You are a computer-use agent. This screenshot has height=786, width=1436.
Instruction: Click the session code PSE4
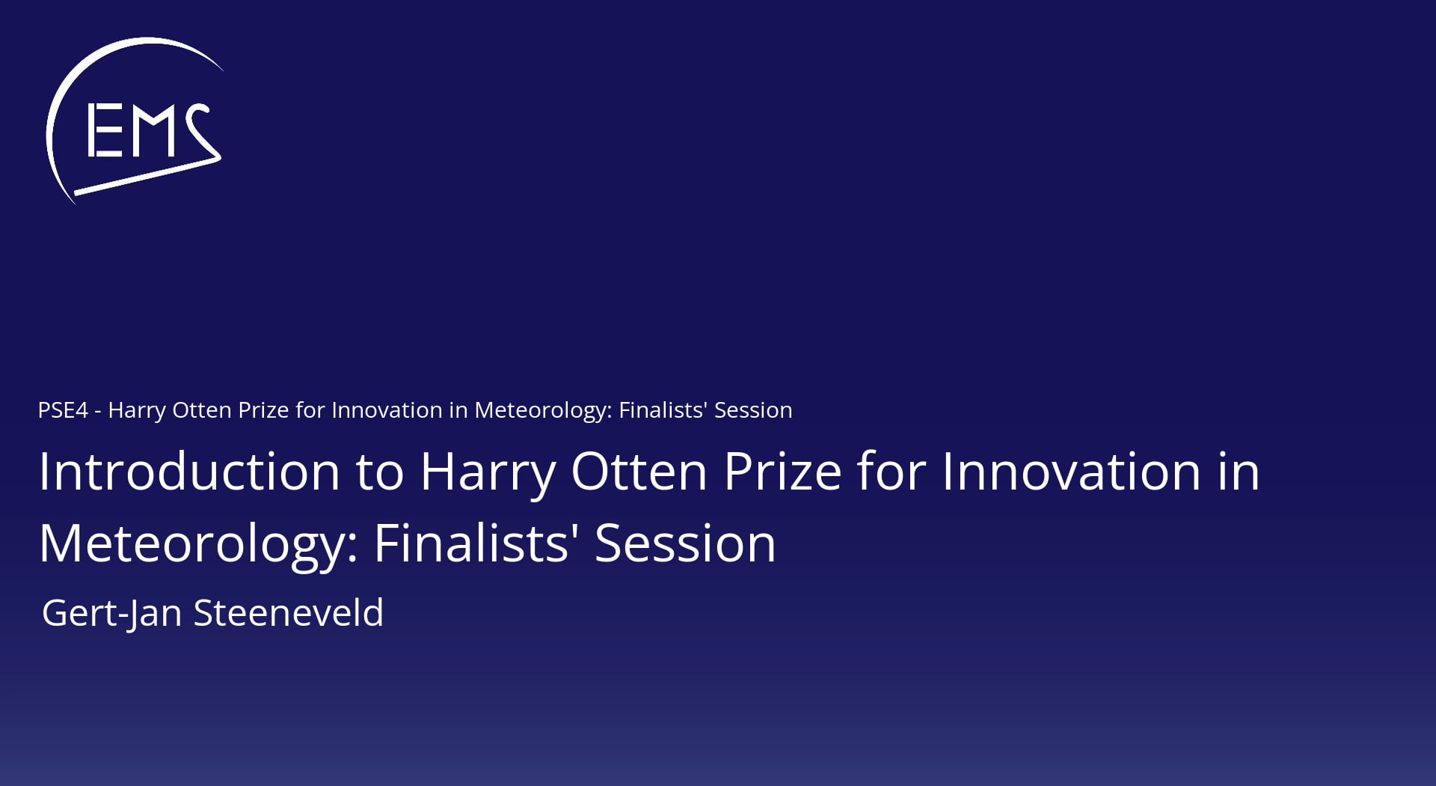coord(63,410)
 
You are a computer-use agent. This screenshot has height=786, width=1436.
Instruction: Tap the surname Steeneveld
coord(289,612)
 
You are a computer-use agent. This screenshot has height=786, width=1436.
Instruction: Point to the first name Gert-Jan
coord(112,614)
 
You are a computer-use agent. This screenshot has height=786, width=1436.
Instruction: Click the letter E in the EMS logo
coord(105,131)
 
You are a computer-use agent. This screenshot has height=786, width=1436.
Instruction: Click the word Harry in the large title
coord(488,473)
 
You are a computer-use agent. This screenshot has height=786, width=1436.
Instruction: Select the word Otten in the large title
coord(639,472)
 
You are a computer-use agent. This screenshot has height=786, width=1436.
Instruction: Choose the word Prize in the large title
coord(783,472)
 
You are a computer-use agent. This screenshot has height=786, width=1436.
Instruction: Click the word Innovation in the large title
coord(1071,472)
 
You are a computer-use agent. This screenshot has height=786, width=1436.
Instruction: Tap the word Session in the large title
coord(685,543)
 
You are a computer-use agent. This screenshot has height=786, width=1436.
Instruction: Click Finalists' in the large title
coord(476,543)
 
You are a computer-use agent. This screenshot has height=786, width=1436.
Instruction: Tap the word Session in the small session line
coord(753,410)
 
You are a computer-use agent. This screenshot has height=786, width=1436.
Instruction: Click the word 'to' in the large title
coord(380,473)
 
